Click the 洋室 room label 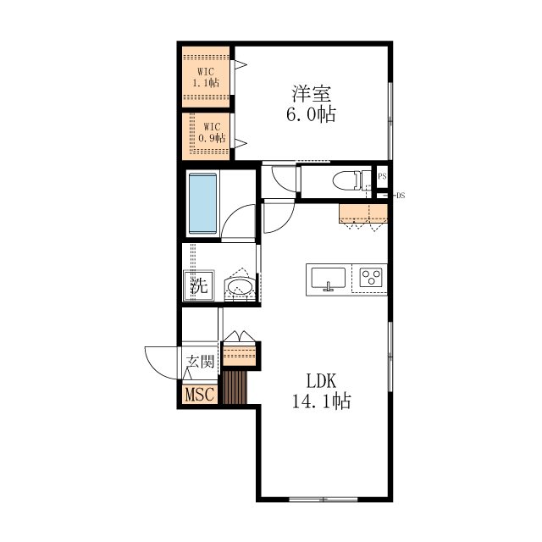pos(312,93)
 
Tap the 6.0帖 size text pos(311,113)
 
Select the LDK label pos(321,380)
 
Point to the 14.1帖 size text pos(322,401)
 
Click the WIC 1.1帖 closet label pos(206,77)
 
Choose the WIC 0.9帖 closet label pos(212,132)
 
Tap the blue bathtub pos(203,203)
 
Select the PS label pos(382,176)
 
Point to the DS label pos(401,196)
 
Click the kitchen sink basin pos(328,278)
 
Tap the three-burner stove pos(371,277)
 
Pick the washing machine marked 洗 pos(199,285)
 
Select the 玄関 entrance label pos(201,362)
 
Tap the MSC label pos(200,394)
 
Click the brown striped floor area pos(235,388)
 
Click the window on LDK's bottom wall pos(324,499)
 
